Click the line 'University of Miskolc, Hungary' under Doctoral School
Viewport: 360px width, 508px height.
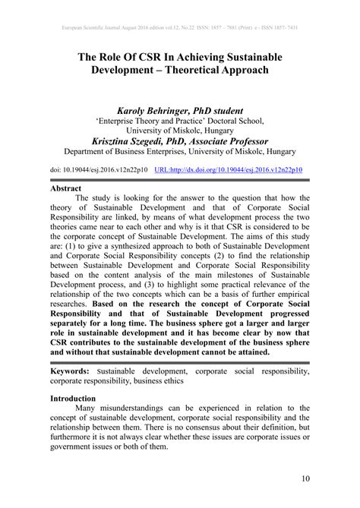[179, 130]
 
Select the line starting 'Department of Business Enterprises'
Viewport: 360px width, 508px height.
[179, 151]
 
